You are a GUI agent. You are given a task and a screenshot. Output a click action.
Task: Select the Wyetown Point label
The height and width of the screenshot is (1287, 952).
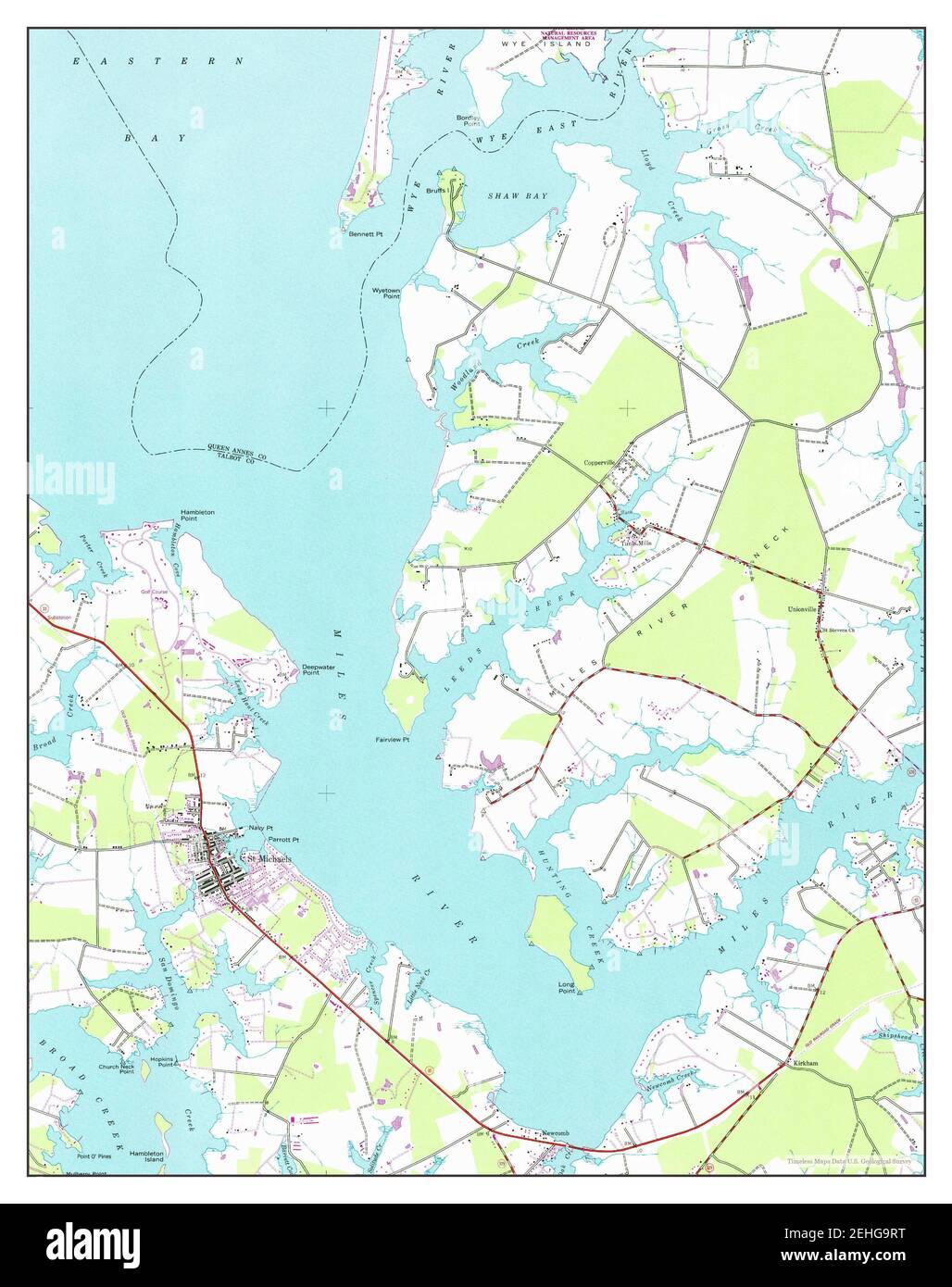[386, 293]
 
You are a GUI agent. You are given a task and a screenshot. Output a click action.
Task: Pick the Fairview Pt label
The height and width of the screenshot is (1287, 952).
[393, 740]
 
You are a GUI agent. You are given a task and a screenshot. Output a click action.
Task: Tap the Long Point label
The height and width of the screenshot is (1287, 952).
[566, 987]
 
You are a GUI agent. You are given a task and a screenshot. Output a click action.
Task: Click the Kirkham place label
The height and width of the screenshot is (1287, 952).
[805, 1064]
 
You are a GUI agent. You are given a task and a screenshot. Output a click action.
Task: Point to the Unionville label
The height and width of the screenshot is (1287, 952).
[802, 609]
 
